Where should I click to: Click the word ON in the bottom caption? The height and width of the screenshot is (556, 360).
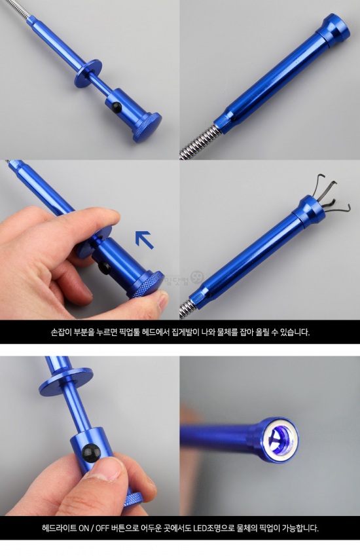coord(84,528)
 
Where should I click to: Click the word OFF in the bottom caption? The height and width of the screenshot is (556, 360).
coord(101,528)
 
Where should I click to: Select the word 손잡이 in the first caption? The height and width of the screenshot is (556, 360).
coord(61,332)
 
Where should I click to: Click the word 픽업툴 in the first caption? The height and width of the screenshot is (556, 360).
coord(130,332)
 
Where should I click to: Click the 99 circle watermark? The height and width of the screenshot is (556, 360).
coord(198,277)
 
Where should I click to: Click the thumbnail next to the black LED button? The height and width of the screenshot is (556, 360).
coord(106,469)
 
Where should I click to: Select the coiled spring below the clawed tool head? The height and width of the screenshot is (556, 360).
coord(185,308)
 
